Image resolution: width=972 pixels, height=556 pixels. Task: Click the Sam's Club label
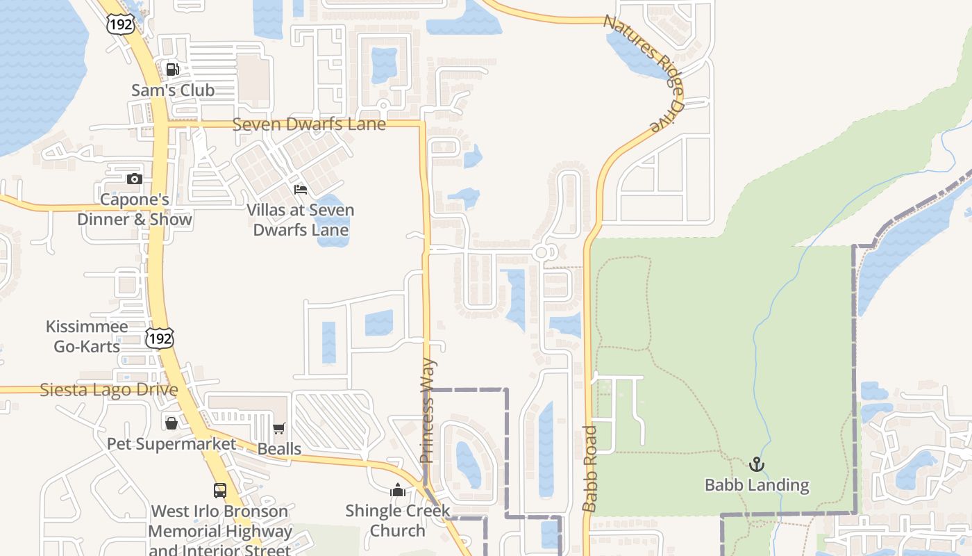pyautogui.click(x=173, y=90)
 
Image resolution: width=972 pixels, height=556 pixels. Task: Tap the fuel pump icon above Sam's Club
pyautogui.click(x=172, y=69)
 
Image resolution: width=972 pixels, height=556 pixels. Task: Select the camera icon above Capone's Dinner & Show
pyautogui.click(x=135, y=179)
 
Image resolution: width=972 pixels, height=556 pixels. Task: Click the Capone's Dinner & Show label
pyautogui.click(x=135, y=210)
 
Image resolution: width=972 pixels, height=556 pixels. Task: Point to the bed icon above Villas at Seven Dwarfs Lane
pyautogui.click(x=301, y=189)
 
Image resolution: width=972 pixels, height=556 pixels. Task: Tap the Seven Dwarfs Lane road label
pyautogui.click(x=308, y=124)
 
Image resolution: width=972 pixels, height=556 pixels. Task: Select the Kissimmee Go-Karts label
pyautogui.click(x=87, y=336)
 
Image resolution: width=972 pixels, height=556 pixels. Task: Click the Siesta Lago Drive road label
pyautogui.click(x=109, y=390)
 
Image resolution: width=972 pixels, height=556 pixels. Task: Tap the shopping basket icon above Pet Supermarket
pyautogui.click(x=171, y=423)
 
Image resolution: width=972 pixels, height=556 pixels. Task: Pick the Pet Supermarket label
pyautogui.click(x=171, y=443)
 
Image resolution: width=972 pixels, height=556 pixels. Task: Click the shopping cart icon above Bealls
pyautogui.click(x=279, y=428)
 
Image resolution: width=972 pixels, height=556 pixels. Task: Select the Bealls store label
pyautogui.click(x=279, y=448)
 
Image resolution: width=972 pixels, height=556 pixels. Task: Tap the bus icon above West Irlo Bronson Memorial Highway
pyautogui.click(x=220, y=490)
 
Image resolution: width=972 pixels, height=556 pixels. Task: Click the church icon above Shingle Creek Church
pyautogui.click(x=398, y=491)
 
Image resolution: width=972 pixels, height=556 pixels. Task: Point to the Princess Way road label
pyautogui.click(x=428, y=411)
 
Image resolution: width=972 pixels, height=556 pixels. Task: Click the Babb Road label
pyautogui.click(x=589, y=468)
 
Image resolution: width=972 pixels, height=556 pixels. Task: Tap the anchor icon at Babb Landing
pyautogui.click(x=757, y=464)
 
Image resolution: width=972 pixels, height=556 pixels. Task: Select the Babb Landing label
pyautogui.click(x=757, y=485)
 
